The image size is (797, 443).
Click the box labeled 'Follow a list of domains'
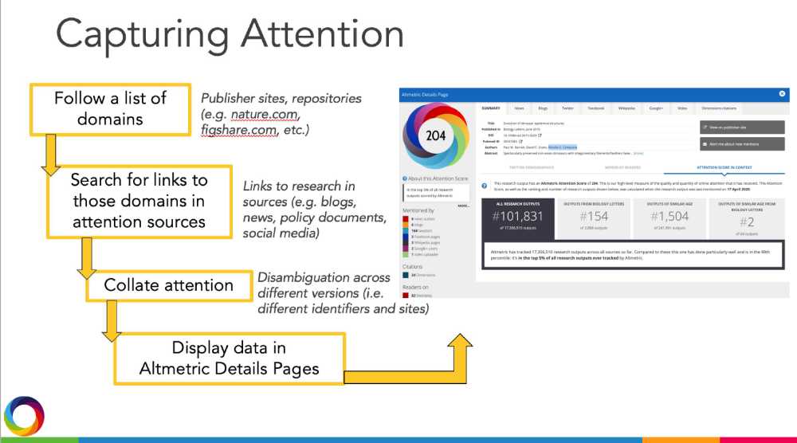(110, 109)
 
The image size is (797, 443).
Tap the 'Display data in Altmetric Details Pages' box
(230, 359)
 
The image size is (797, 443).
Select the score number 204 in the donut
(435, 136)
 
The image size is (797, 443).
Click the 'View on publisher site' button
(741, 127)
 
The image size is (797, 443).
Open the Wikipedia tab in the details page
(626, 107)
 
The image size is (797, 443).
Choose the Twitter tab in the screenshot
(567, 107)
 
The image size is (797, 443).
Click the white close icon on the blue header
(782, 94)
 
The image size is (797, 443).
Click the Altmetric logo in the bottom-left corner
(24, 416)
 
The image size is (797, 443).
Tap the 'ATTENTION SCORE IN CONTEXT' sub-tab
(724, 169)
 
